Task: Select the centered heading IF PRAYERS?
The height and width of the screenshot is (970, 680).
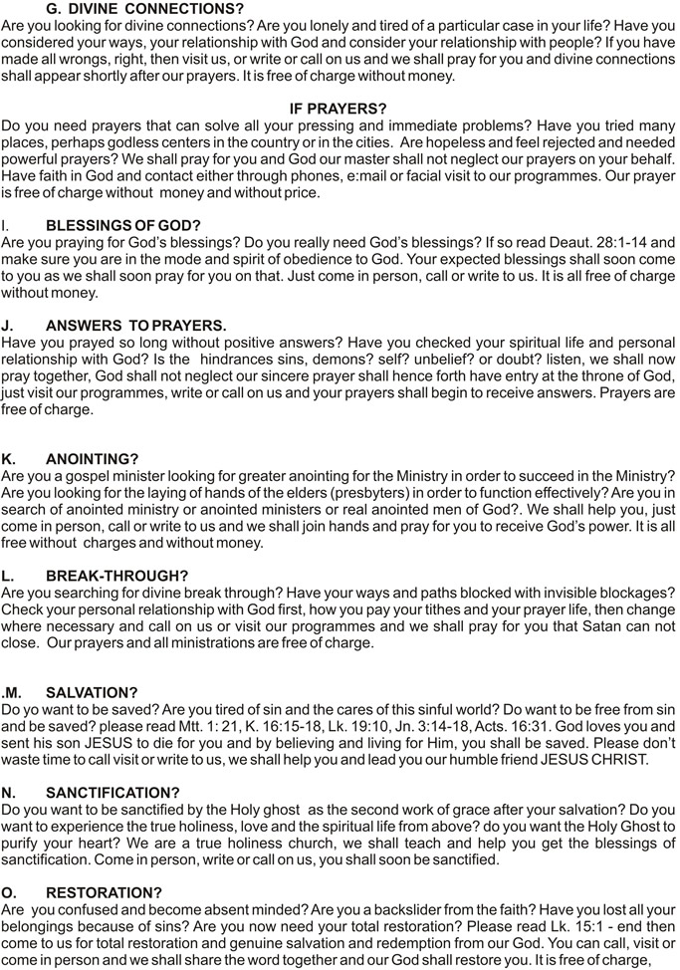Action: coord(339,108)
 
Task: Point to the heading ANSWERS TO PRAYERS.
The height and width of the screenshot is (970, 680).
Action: coord(136,325)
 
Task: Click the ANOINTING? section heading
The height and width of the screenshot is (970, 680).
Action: coord(93,459)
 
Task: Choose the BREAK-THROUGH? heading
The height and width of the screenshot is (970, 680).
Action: coord(117,576)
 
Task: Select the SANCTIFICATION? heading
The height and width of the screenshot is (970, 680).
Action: coord(113,793)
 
